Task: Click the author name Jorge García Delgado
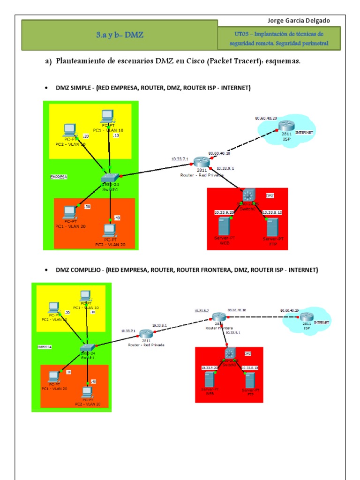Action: (x=298, y=21)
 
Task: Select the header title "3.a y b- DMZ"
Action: (x=120, y=35)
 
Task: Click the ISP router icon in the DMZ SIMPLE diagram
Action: (x=286, y=126)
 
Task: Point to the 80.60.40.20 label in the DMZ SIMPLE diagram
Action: (x=266, y=118)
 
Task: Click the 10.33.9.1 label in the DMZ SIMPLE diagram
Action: (x=225, y=168)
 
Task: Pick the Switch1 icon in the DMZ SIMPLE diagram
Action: (x=111, y=177)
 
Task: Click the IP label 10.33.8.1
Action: (x=160, y=325)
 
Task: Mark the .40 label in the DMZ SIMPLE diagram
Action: (x=117, y=218)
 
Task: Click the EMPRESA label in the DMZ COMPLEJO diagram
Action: (x=45, y=347)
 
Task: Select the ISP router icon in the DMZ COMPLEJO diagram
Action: (x=307, y=317)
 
